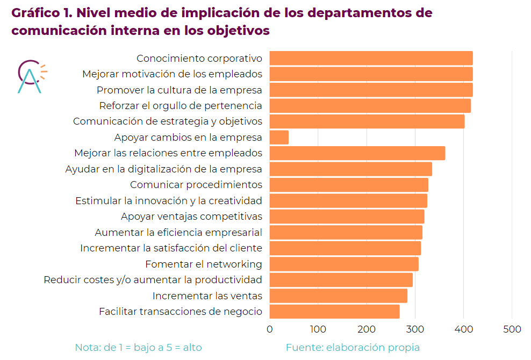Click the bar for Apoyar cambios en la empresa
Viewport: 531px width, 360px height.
coord(279,138)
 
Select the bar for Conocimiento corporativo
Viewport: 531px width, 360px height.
coord(371,58)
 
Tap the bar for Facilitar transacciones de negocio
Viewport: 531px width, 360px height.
coord(334,312)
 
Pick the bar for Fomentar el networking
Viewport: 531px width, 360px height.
coord(344,264)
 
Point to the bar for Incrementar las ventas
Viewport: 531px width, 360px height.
coord(338,296)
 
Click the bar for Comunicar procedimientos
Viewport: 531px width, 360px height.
coord(349,185)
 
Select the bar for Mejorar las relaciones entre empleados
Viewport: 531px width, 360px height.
coord(357,153)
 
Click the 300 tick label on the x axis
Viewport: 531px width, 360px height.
coord(415,329)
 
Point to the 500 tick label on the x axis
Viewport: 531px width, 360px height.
coord(512,329)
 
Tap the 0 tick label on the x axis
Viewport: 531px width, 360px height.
coord(269,329)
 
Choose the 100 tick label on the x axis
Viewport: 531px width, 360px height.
coord(318,329)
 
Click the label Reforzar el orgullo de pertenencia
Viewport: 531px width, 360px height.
coord(181,106)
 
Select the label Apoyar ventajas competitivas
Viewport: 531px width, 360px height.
coord(191,217)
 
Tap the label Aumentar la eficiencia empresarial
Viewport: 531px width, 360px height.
coord(178,233)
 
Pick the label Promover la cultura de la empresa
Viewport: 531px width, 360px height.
coord(180,90)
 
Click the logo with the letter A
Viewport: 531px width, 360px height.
coord(30,76)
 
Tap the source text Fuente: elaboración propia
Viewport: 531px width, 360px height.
coord(353,348)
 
